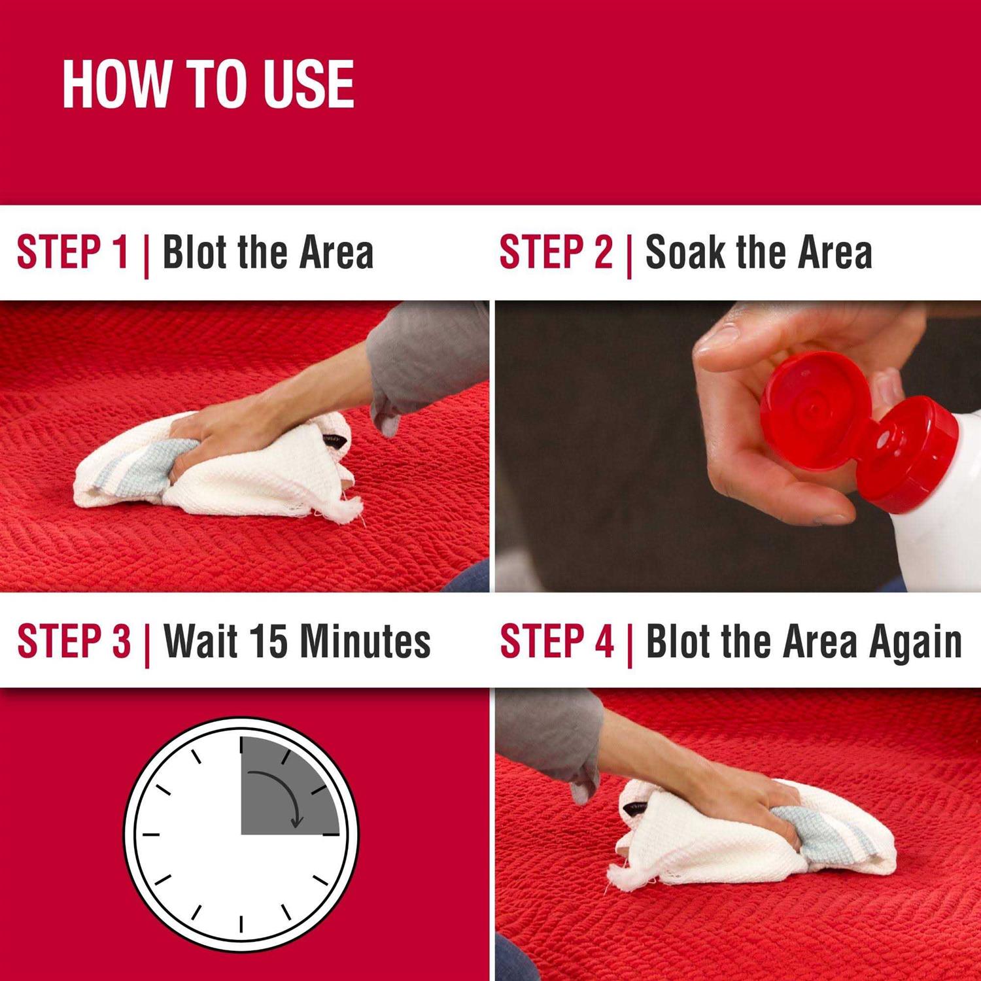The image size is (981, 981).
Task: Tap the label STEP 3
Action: pyautogui.click(x=74, y=641)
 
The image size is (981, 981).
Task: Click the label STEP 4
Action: pyautogui.click(x=557, y=641)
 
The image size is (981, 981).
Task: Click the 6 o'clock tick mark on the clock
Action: pyautogui.click(x=241, y=924)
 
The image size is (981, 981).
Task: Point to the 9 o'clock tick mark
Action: pyautogui.click(x=151, y=835)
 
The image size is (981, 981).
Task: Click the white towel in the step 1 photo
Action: pyautogui.click(x=216, y=471)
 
